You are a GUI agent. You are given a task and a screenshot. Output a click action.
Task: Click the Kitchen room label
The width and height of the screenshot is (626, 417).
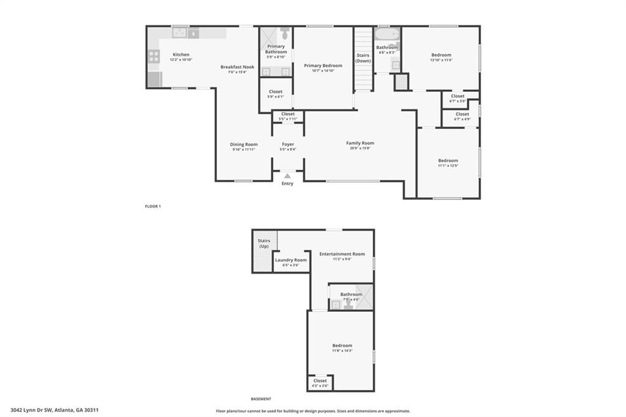[181, 54]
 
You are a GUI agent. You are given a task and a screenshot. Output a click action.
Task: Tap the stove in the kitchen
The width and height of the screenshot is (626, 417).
[153, 56]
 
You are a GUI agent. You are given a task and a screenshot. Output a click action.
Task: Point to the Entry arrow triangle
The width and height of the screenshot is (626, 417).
[287, 176]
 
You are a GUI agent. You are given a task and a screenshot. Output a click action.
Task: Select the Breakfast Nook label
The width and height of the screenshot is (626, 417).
[237, 67]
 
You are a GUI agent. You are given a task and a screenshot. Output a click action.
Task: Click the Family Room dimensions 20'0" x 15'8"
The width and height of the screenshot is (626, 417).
[360, 148]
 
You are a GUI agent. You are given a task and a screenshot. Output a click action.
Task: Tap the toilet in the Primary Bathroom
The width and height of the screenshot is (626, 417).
[285, 34]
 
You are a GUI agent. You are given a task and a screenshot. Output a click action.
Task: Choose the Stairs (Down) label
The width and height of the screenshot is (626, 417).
[363, 58]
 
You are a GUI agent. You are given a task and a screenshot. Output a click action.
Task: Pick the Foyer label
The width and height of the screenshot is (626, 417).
[288, 144]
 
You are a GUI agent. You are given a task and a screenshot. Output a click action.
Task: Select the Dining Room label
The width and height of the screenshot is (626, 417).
[244, 144]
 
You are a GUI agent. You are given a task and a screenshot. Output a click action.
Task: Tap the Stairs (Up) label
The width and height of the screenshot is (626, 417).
[264, 243]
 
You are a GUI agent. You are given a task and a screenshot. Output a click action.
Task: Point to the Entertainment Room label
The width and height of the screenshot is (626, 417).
[342, 254]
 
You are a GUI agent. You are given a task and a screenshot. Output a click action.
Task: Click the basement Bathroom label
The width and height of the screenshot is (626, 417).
[352, 294]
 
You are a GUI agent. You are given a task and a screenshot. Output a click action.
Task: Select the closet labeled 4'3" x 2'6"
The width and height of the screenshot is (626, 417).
[320, 383]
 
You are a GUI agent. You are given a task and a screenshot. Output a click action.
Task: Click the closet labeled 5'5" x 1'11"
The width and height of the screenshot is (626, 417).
[288, 116]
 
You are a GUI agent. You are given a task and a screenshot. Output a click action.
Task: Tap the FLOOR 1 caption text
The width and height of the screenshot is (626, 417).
[153, 207]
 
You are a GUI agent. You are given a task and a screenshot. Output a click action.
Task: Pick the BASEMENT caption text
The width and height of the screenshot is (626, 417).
[261, 399]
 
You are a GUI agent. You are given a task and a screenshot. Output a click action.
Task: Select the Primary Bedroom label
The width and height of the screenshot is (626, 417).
[323, 65]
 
